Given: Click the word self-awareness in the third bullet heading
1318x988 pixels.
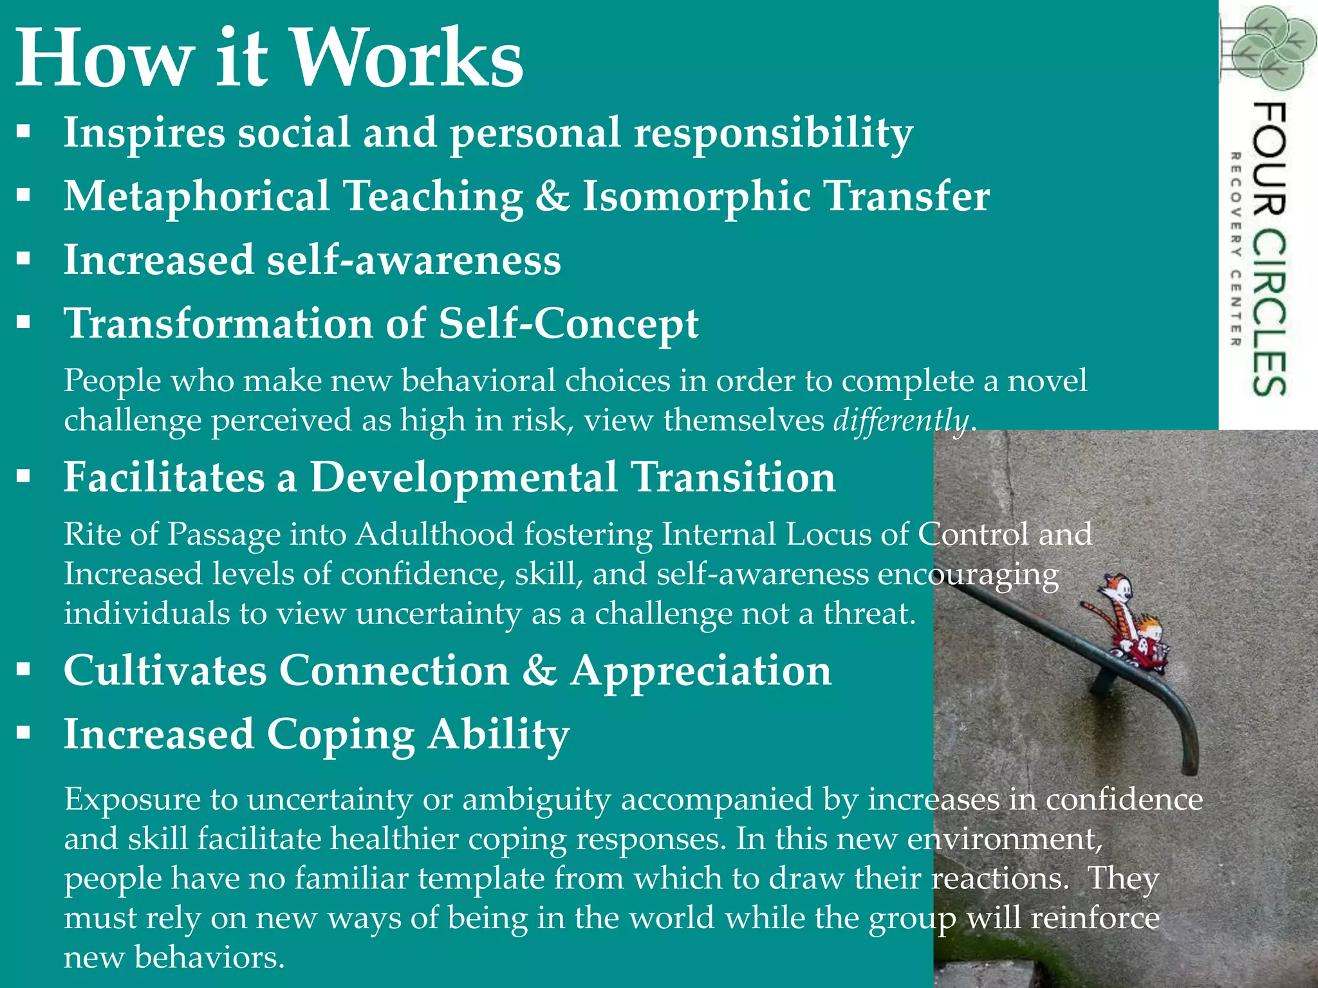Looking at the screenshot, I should (414, 260).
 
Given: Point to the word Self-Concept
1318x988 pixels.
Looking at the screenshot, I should (568, 323).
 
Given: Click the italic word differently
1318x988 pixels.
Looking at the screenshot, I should (901, 421).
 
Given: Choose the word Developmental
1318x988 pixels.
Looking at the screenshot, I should (463, 477).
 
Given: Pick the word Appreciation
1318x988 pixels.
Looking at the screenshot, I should (701, 670).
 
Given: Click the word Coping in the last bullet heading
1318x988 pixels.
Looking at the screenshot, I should (340, 734).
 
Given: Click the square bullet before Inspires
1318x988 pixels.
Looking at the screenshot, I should (24, 132).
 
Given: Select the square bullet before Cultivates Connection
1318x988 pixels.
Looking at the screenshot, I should (24, 670).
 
